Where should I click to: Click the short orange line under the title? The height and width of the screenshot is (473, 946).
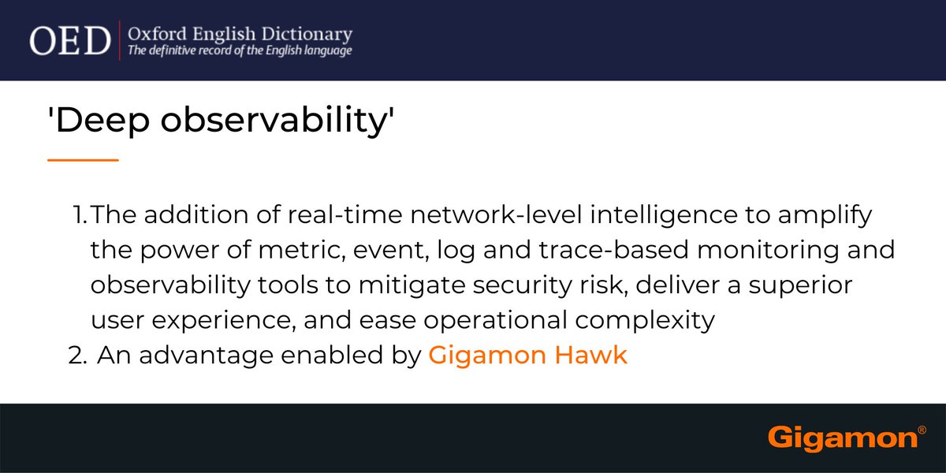[x=83, y=160]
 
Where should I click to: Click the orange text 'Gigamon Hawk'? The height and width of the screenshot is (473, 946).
[x=528, y=356]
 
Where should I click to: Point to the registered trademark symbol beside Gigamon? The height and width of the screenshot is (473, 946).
[x=922, y=431]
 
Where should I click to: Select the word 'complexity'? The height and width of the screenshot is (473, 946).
[x=647, y=321]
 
